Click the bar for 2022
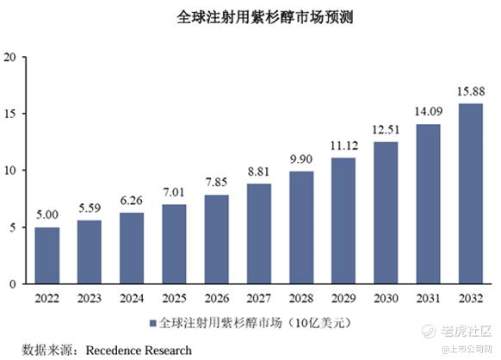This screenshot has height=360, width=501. pyautogui.click(x=47, y=256)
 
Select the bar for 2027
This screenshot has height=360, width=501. pyautogui.click(x=259, y=233)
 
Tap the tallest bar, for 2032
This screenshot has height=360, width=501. pyautogui.click(x=471, y=194)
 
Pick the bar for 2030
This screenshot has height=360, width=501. pyautogui.click(x=386, y=213)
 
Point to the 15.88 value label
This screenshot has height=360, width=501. pyautogui.click(x=471, y=92)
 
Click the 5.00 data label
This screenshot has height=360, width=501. pyautogui.click(x=47, y=214)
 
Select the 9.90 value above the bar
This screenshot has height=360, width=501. pyautogui.click(x=301, y=158)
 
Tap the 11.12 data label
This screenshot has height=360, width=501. pyautogui.click(x=343, y=146)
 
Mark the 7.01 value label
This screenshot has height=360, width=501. pyautogui.click(x=174, y=192)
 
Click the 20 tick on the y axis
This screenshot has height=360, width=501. pyautogui.click(x=9, y=58)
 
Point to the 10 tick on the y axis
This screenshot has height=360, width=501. pyautogui.click(x=10, y=171)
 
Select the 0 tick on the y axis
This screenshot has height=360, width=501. pyautogui.click(x=13, y=284)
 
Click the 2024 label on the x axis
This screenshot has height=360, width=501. pyautogui.click(x=132, y=298)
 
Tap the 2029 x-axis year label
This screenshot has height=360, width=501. pyautogui.click(x=343, y=298)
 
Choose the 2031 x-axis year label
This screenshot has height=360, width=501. pyautogui.click(x=428, y=298)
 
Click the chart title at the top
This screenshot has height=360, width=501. pyautogui.click(x=265, y=17)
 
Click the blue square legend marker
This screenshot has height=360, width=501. pyautogui.click(x=153, y=324)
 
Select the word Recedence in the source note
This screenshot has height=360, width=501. pyautogui.click(x=112, y=351)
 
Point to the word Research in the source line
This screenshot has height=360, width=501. pyautogui.click(x=167, y=351)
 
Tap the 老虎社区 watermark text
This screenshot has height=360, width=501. pyautogui.click(x=467, y=332)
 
